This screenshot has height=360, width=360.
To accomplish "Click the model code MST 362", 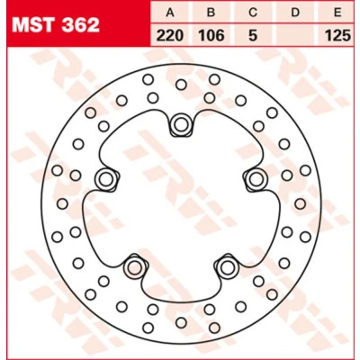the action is [56, 25].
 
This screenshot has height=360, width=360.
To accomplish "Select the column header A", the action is [170, 13].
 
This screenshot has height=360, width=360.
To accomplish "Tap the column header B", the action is [211, 13].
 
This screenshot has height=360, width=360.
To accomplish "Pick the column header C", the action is [253, 13].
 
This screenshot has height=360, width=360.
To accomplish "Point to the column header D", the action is [295, 13].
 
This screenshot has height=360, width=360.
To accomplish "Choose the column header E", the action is [337, 13].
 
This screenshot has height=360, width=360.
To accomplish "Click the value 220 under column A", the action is [170, 36].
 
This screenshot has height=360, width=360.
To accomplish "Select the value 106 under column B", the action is [211, 36].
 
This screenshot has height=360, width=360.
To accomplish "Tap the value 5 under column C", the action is [253, 36].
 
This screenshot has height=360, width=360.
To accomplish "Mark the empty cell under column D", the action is [296, 35].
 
